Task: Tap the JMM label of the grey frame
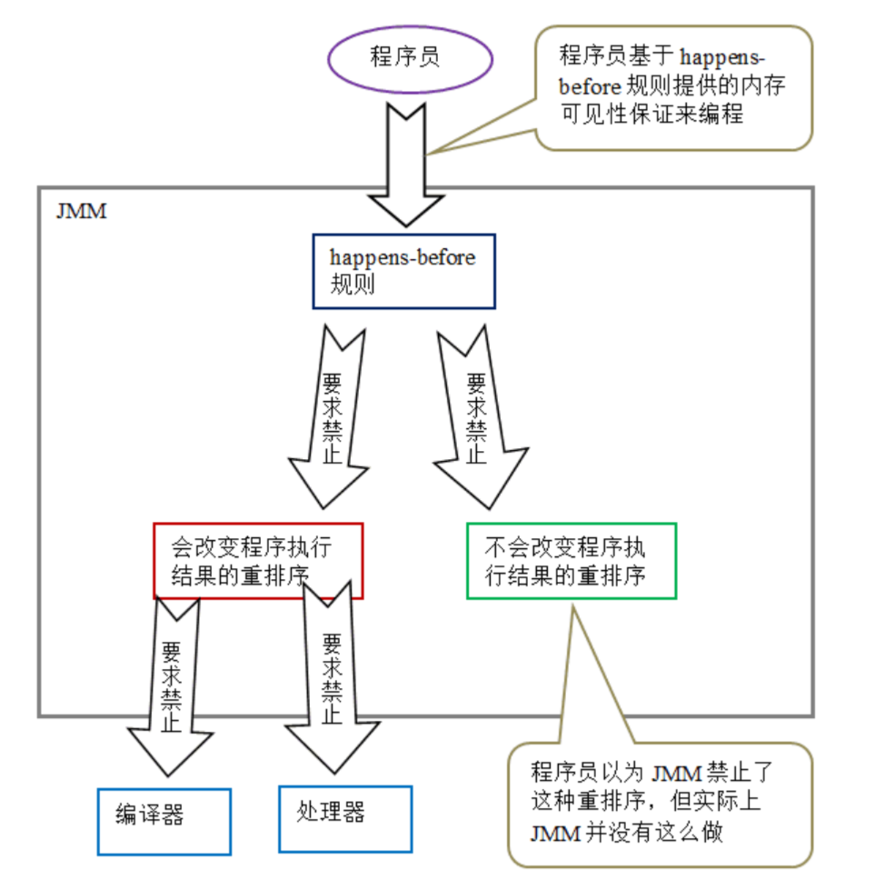tap(81, 211)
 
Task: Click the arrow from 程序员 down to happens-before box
tap(406, 165)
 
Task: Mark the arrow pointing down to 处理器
tap(332, 678)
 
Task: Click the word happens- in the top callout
tap(722, 57)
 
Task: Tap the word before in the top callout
tap(590, 87)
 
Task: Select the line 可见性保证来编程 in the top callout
tap(652, 114)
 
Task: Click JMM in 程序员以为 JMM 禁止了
tap(677, 773)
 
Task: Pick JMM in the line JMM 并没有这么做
tap(555, 834)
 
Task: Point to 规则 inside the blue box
tap(353, 284)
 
